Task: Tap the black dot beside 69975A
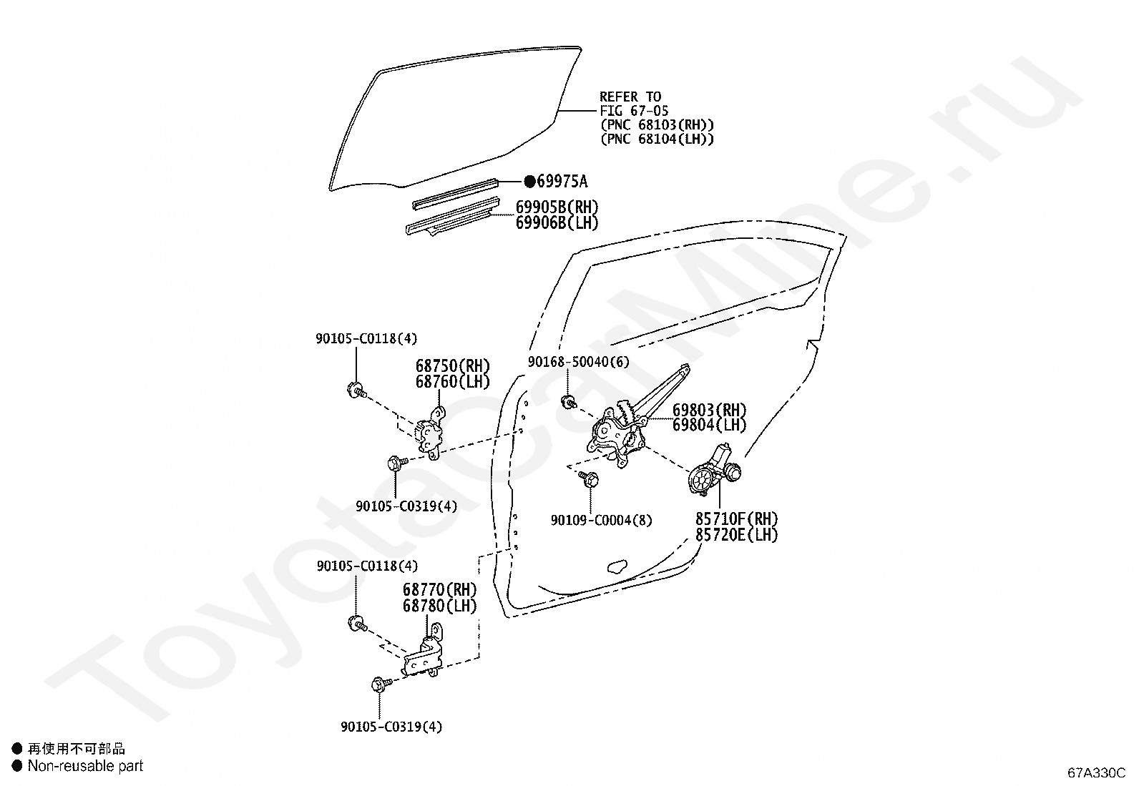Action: [529, 182]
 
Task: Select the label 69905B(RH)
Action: [557, 207]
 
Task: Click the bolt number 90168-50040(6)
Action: [579, 362]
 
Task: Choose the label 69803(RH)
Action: [709, 411]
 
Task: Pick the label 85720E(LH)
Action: [736, 534]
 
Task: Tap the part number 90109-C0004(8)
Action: [601, 520]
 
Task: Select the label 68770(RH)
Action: [439, 590]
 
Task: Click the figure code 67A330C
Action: [1097, 773]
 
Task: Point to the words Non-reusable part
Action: [85, 766]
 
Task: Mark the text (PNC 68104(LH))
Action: [657, 139]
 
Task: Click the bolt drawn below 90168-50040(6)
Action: [569, 403]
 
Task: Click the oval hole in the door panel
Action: [616, 567]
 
